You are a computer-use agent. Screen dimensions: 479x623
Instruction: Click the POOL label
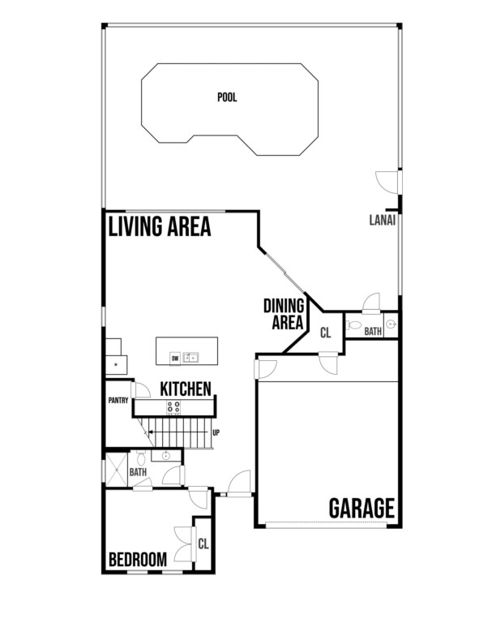click(x=227, y=97)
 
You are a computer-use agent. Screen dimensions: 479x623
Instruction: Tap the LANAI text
click(x=383, y=220)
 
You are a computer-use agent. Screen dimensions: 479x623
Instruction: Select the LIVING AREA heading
click(x=160, y=226)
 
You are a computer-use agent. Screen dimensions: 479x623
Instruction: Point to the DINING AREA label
click(x=284, y=314)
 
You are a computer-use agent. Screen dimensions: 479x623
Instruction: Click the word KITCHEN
click(x=186, y=389)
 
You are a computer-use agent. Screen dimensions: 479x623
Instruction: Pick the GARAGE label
click(x=361, y=508)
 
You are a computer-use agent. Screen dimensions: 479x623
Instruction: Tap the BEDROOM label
click(x=138, y=560)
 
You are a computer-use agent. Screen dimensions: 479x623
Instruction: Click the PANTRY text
click(x=118, y=401)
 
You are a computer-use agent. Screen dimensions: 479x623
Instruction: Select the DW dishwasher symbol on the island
click(x=175, y=359)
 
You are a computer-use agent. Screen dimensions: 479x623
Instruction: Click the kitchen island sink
click(x=190, y=358)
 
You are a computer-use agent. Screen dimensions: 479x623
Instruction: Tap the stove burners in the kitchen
click(x=173, y=407)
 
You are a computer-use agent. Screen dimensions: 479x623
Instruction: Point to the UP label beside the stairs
click(x=216, y=432)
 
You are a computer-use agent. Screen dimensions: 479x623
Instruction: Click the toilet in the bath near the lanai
click(x=353, y=325)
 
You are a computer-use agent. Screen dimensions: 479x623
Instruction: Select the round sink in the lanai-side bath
click(x=391, y=324)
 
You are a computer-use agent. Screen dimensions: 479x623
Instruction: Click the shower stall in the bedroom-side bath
click(x=116, y=469)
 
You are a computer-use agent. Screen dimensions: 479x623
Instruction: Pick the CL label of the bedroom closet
click(x=203, y=544)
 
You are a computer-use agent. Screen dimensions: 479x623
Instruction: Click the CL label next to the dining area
click(x=326, y=333)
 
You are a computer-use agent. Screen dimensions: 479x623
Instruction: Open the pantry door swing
click(x=141, y=389)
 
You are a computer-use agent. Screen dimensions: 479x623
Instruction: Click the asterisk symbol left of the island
click(x=116, y=364)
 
